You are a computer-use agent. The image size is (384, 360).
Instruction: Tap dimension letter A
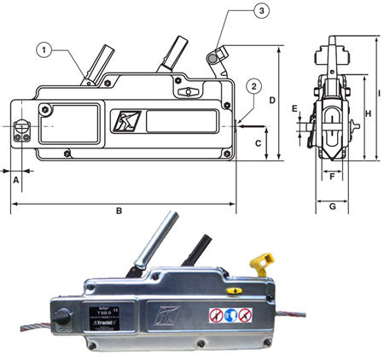pyautogui.click(x=15, y=178)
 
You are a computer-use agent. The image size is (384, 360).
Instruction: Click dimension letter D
pyautogui.click(x=272, y=101)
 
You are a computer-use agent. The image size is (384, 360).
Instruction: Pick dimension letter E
pyautogui.click(x=294, y=109)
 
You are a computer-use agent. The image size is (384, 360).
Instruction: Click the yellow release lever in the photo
pyautogui.click(x=261, y=262)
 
